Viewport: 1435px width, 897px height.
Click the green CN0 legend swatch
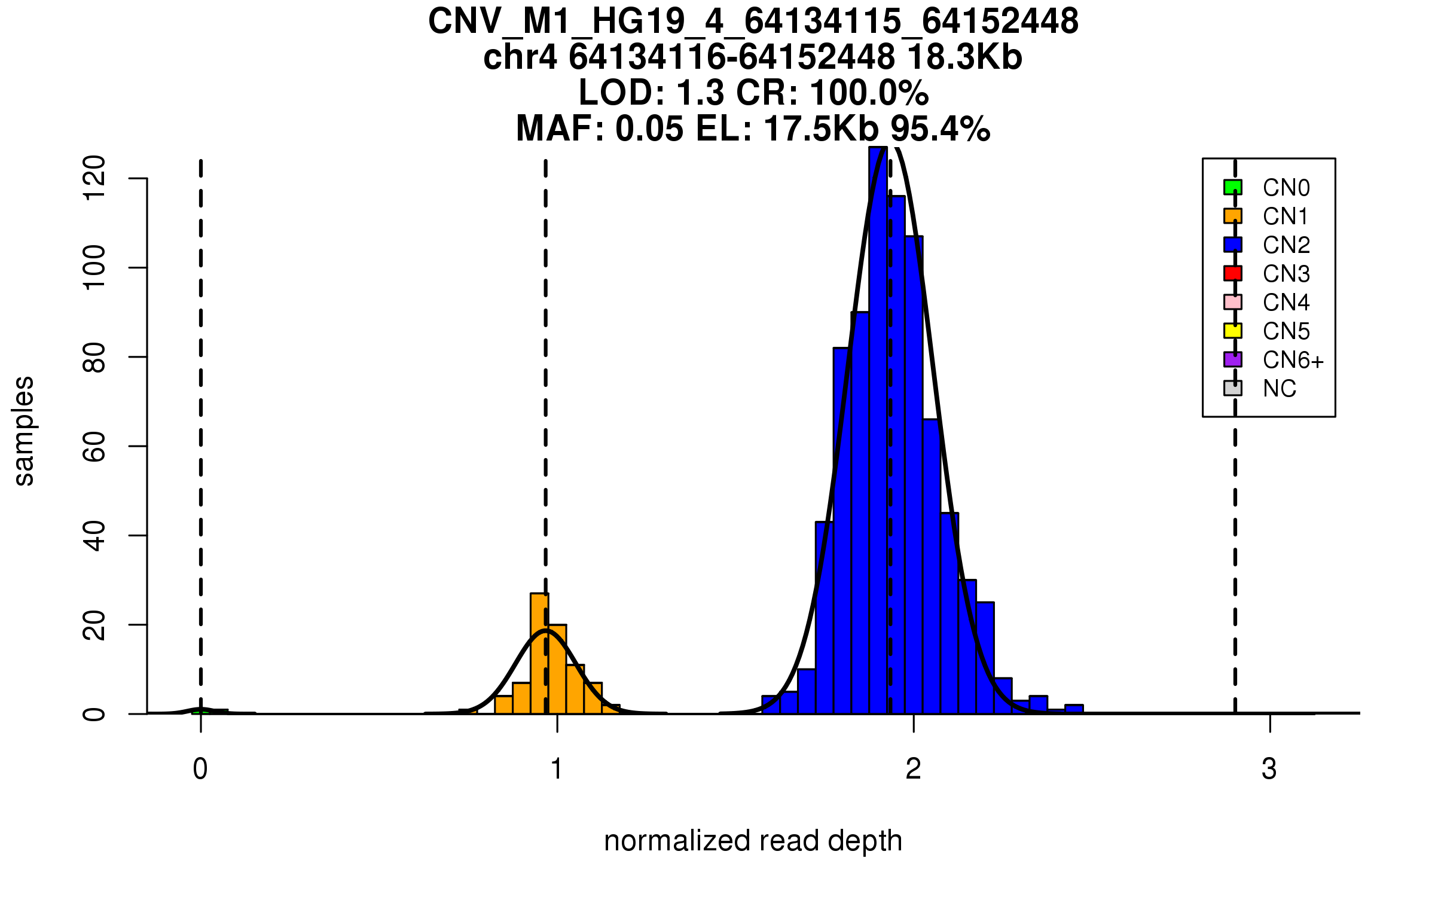click(x=1232, y=187)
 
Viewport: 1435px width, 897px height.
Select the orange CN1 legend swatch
click(x=1232, y=216)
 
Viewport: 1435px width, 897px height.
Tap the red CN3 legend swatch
click(x=1232, y=273)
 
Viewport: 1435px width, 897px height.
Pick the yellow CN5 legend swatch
click(x=1232, y=331)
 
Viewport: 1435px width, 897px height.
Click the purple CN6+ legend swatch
click(x=1232, y=359)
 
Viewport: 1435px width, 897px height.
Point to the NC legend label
click(x=1279, y=389)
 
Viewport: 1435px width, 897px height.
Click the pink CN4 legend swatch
click(x=1232, y=302)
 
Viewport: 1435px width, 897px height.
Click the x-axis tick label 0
click(x=200, y=769)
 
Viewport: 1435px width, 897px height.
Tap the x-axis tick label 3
click(x=1269, y=769)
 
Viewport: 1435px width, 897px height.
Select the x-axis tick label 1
click(x=557, y=769)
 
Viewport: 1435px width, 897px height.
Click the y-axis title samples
click(x=24, y=431)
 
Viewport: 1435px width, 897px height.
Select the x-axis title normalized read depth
click(x=753, y=841)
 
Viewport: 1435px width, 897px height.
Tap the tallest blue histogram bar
click(x=878, y=431)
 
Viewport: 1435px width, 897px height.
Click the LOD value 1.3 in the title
click(x=700, y=93)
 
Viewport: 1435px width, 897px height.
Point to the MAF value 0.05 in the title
click(x=649, y=129)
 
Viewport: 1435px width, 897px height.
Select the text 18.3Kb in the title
click(x=964, y=57)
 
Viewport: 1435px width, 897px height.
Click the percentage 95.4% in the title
click(x=940, y=129)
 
